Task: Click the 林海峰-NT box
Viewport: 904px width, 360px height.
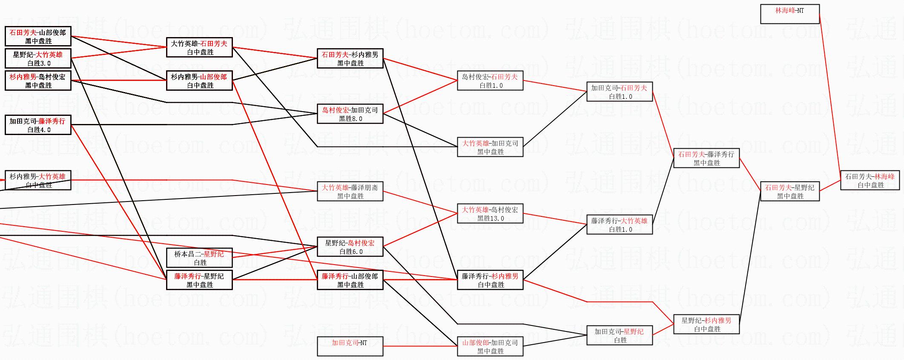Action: tap(789, 14)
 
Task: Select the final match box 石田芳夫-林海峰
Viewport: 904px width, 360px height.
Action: tap(870, 180)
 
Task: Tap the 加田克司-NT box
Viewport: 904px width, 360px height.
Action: tap(350, 346)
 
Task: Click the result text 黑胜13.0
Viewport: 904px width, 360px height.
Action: tap(490, 219)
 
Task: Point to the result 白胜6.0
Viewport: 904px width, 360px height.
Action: tap(350, 252)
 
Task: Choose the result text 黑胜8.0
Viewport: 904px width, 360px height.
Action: tap(350, 119)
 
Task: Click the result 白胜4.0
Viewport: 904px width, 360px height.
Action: tap(38, 130)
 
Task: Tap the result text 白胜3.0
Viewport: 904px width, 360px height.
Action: tap(38, 63)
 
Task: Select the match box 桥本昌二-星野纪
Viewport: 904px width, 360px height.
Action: tap(199, 258)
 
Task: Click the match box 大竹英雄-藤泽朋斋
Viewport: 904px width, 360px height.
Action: tap(350, 191)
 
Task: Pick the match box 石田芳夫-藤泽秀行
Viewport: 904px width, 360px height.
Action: tap(706, 158)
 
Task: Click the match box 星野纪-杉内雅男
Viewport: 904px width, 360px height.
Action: tap(706, 324)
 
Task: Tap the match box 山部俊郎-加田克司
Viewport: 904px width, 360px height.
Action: tap(490, 346)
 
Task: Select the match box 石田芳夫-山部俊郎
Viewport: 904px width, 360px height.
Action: tap(38, 36)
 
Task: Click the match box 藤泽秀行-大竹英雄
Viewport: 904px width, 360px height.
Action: tap(619, 225)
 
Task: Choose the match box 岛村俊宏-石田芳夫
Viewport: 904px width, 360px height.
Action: tap(490, 81)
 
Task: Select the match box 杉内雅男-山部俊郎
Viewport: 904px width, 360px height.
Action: tap(199, 81)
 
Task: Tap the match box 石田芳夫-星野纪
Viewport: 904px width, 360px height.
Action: tap(789, 191)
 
